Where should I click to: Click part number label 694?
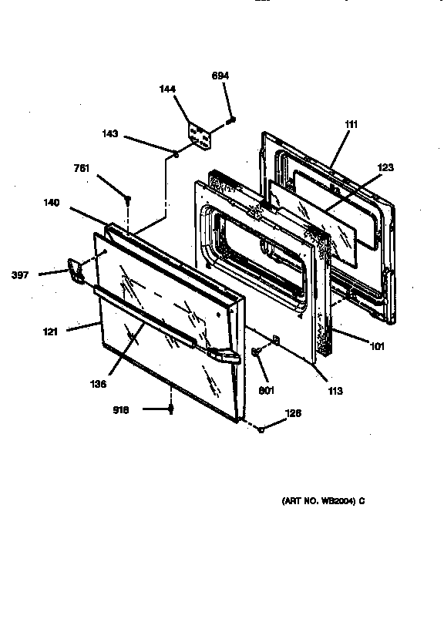click(x=220, y=75)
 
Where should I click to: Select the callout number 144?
click(x=168, y=89)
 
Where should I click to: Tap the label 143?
click(x=109, y=133)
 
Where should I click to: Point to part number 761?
click(x=82, y=169)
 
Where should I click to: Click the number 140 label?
click(x=52, y=203)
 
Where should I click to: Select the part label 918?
click(x=121, y=410)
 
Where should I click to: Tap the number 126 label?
click(x=292, y=414)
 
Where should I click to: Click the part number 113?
click(x=333, y=391)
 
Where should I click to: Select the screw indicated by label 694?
click(x=230, y=120)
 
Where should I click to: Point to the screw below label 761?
click(x=127, y=199)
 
